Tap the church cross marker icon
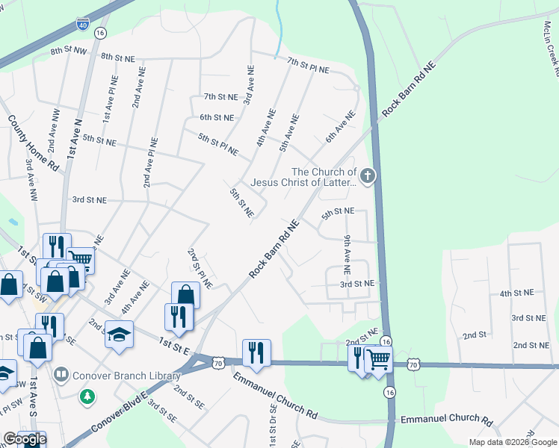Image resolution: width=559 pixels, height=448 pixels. [x=366, y=177]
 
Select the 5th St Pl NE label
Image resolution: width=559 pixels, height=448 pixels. [x=218, y=144]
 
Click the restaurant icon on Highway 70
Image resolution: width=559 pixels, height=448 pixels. [x=256, y=352]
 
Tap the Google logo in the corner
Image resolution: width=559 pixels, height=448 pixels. [x=24, y=440]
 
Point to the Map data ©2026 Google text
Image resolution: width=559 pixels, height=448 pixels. [x=513, y=442]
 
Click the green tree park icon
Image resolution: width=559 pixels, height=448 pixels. [x=88, y=394]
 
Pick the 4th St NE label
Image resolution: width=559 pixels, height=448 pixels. [x=516, y=293]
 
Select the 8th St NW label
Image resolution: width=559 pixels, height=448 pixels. [x=69, y=52]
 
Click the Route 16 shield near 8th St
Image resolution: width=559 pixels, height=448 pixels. [x=101, y=34]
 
